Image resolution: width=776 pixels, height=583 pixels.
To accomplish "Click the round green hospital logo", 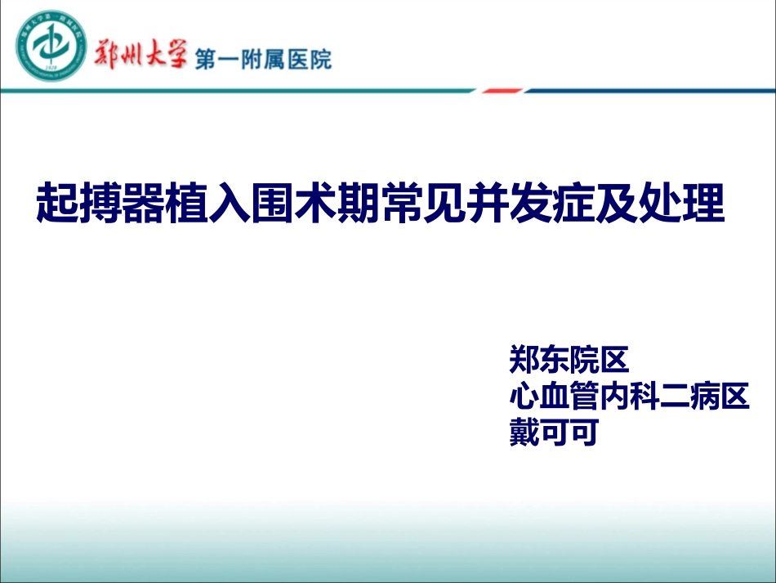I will [52, 46].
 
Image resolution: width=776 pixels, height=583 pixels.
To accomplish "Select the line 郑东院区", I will [568, 360].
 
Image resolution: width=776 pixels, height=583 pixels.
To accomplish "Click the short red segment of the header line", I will [502, 91].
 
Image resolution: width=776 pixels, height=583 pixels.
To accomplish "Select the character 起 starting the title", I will [56, 204].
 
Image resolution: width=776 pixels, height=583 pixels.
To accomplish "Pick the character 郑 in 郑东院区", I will [524, 360].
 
